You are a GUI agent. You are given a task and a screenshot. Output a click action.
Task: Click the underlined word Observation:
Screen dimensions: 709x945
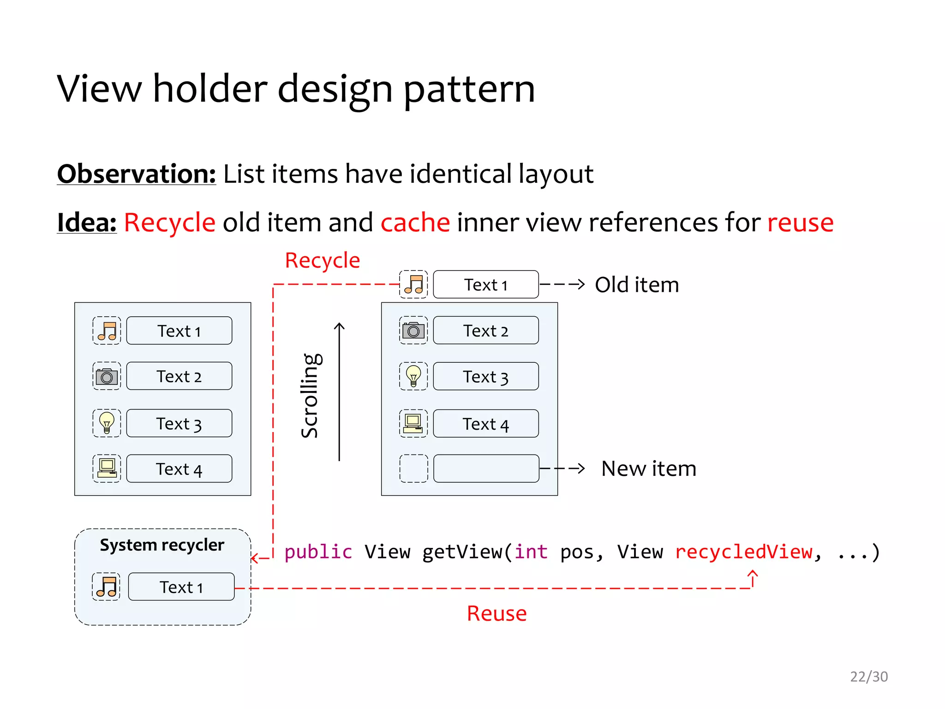point(136,174)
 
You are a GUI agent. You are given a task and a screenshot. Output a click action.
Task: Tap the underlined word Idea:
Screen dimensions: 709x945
point(87,222)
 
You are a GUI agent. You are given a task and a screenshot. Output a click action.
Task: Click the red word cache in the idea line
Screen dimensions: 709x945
point(415,222)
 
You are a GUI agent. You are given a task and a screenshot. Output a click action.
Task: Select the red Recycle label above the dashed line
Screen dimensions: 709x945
point(322,260)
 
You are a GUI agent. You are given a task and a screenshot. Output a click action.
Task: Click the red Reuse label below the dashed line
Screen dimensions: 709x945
point(496,613)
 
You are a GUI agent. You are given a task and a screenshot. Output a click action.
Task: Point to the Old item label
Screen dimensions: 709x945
point(637,285)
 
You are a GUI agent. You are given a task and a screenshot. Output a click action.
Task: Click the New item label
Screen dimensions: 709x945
point(649,469)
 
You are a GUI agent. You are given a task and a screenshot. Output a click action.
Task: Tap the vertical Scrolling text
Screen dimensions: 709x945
point(310,396)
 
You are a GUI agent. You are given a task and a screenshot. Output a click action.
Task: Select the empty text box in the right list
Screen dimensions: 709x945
point(486,469)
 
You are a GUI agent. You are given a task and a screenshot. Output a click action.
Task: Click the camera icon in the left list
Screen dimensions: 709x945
point(107,377)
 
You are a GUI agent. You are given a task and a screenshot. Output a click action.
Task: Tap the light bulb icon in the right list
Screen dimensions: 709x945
point(413,376)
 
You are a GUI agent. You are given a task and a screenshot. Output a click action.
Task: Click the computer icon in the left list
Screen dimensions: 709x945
point(107,469)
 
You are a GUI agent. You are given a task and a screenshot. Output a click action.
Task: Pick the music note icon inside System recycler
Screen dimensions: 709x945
point(106,587)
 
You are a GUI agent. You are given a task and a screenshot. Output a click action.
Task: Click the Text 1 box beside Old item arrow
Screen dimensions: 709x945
point(486,285)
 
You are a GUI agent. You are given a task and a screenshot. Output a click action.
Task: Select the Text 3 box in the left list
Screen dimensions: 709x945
point(179,423)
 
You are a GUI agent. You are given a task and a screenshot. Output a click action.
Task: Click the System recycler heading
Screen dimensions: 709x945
point(162,545)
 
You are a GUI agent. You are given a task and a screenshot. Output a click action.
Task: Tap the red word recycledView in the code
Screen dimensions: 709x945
point(744,552)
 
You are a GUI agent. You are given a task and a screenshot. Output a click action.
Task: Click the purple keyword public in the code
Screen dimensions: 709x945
point(318,552)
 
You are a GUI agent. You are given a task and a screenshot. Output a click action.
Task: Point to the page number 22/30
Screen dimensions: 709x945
point(869,677)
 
